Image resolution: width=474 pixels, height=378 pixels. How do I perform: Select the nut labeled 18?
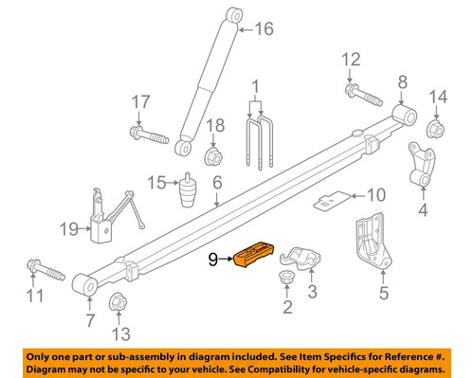pyautogui.click(x=213, y=154)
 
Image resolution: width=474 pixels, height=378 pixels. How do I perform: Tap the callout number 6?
pyautogui.click(x=217, y=183)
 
